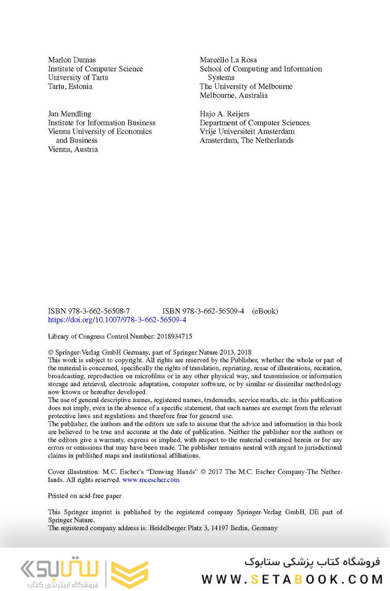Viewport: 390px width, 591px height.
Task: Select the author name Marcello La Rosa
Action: tap(228, 60)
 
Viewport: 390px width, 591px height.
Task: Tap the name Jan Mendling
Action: tap(70, 114)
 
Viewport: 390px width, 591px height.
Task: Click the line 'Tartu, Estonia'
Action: tap(70, 87)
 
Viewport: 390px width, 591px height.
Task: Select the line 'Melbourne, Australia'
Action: tap(234, 95)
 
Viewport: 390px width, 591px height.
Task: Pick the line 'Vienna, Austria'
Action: tap(73, 149)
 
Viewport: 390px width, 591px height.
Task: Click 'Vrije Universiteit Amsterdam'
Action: tap(247, 131)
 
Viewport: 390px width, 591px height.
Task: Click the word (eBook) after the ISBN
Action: tap(265, 311)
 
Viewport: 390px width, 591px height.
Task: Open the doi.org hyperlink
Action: tap(117, 320)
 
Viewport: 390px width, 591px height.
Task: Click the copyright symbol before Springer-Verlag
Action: tap(51, 353)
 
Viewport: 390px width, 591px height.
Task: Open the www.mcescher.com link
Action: tap(151, 480)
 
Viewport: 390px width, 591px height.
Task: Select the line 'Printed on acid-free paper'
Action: tap(85, 496)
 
